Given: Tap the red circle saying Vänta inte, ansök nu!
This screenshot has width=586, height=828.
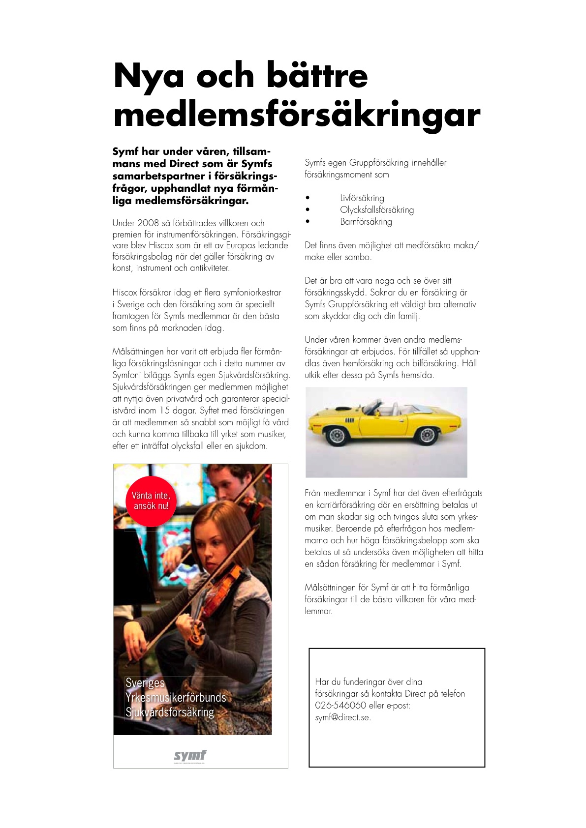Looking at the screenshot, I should click(151, 501).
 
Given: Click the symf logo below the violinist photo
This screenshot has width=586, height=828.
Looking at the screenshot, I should click(190, 756).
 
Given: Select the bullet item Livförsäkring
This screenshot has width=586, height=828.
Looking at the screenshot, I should click(362, 198).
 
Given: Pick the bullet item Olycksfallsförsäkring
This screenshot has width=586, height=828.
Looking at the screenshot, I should click(377, 210).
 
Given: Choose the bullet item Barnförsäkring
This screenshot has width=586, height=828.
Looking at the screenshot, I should click(366, 222).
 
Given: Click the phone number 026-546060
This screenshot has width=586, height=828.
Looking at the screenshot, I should click(340, 706).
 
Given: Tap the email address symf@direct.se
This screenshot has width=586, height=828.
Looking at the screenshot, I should click(343, 717).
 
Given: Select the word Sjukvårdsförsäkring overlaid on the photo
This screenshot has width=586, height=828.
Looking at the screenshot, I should click(170, 712).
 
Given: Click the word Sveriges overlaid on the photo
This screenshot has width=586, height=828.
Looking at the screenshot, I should click(145, 683).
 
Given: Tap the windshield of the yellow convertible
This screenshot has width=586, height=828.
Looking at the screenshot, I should click(372, 408).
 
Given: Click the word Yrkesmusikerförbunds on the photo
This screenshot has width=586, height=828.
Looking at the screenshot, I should click(176, 698).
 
